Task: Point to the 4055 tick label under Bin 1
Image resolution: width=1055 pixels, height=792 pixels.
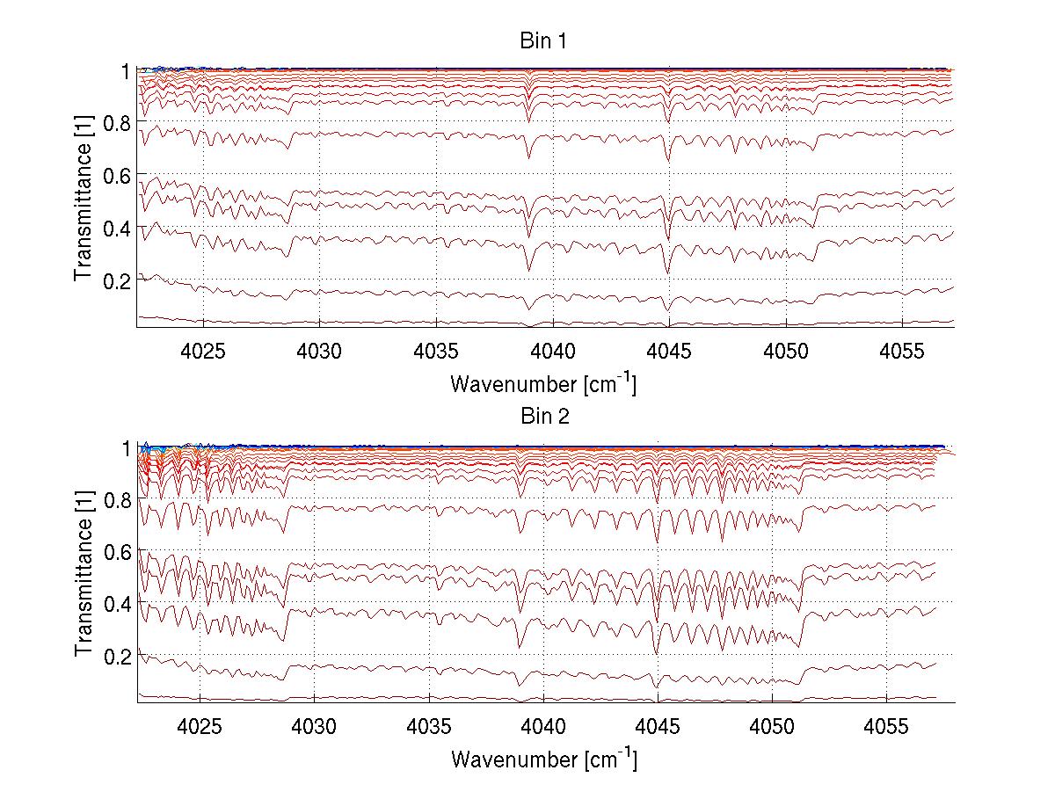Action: pos(902,350)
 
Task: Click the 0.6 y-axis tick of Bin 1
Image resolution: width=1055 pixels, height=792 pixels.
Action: pos(116,175)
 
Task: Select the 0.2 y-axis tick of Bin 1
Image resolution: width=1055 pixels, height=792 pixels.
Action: pos(116,280)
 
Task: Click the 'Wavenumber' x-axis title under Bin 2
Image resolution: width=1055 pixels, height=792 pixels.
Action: pos(543,759)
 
